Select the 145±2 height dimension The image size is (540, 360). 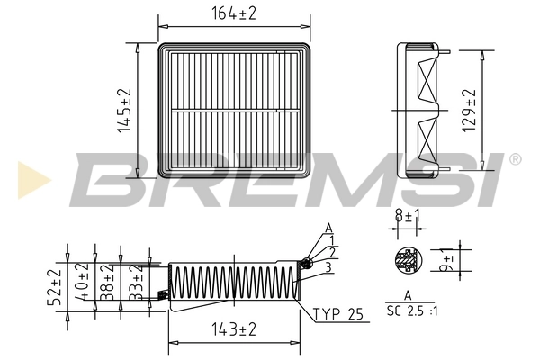(x=125, y=110)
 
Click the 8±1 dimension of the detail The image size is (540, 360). (x=407, y=216)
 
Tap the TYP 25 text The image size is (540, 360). (x=339, y=315)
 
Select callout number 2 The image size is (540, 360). (x=332, y=253)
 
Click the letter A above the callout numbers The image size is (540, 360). (x=328, y=227)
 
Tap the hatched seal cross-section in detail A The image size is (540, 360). (x=408, y=261)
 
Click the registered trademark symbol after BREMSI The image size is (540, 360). (x=515, y=159)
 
